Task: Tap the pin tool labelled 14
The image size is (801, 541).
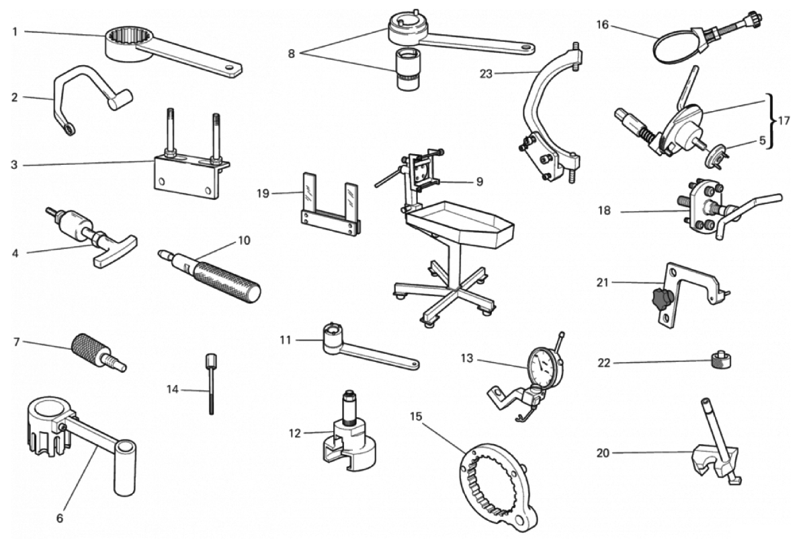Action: click(211, 386)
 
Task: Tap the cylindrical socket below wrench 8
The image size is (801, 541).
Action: click(409, 70)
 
